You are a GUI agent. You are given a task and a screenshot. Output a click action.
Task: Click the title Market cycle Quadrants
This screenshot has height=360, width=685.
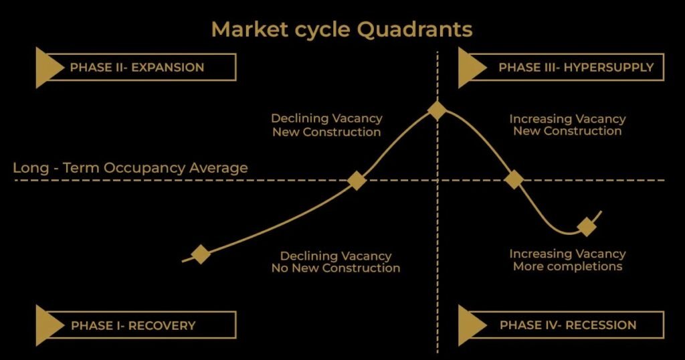(x=342, y=29)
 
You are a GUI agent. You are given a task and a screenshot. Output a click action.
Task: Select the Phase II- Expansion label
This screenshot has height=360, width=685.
(x=136, y=68)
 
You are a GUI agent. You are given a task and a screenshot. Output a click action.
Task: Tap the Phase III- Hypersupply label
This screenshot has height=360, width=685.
(x=566, y=68)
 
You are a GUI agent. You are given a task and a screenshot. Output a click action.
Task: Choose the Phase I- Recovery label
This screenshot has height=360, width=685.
(x=133, y=326)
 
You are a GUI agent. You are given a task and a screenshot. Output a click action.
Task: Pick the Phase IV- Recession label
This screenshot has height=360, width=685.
(x=568, y=326)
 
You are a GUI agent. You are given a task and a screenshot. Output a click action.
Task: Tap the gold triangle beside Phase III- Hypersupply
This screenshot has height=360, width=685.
(x=471, y=68)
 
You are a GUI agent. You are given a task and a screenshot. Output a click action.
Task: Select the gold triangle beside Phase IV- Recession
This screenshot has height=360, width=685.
(x=471, y=326)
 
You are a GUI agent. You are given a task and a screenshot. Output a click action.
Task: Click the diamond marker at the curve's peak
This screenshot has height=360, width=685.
(x=437, y=110)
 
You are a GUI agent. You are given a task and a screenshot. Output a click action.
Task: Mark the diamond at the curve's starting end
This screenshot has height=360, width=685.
(x=201, y=254)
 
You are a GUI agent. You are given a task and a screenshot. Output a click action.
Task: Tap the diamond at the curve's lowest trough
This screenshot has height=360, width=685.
(x=587, y=227)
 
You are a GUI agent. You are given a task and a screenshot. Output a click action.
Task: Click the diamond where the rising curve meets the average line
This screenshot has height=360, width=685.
(x=357, y=180)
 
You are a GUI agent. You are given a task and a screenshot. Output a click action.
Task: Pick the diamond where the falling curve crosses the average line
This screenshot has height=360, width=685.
(x=514, y=179)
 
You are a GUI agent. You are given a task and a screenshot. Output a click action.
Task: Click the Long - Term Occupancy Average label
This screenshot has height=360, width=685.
(x=130, y=168)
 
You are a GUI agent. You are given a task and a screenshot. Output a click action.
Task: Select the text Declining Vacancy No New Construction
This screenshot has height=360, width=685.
(x=335, y=262)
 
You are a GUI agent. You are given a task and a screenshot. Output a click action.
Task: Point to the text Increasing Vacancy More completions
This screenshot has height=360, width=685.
(x=567, y=260)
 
